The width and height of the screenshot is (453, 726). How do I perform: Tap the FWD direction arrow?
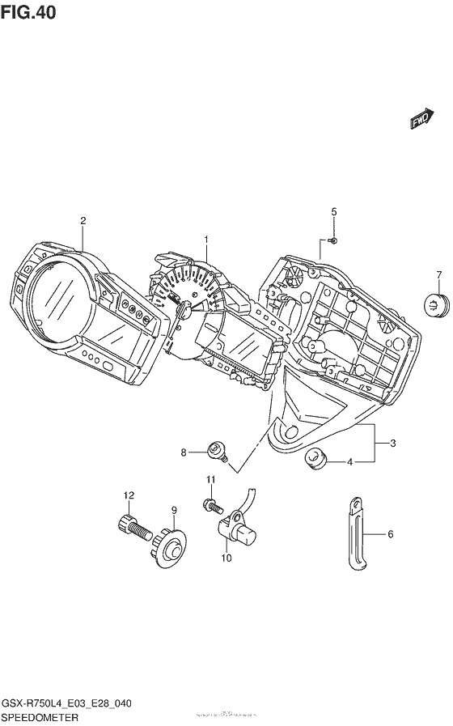421,119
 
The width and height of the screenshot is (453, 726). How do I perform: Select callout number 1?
206,240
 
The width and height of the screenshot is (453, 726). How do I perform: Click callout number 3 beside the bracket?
393,444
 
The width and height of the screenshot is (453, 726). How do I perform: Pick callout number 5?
332,212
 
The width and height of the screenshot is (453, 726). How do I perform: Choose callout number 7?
439,274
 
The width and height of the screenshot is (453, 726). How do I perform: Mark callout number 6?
390,534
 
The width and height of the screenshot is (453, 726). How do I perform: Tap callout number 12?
128,495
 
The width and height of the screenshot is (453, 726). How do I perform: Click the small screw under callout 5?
334,240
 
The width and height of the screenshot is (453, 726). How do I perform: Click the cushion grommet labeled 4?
316,460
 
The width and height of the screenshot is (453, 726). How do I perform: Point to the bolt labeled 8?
216,450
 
